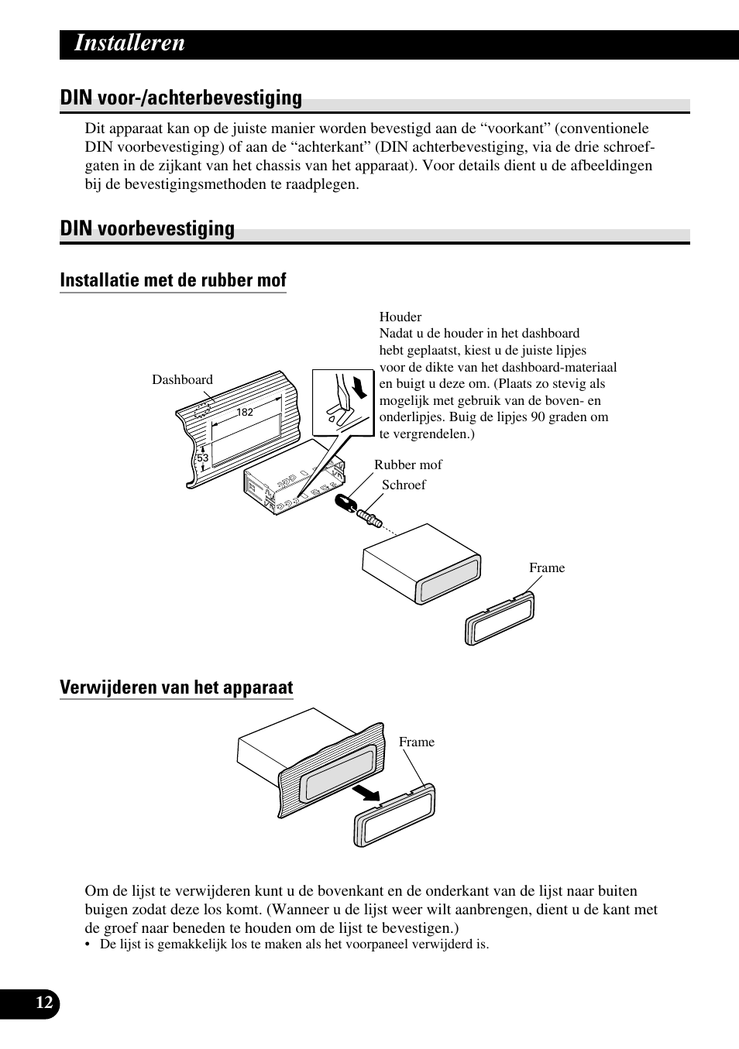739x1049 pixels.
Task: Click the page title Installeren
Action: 129,43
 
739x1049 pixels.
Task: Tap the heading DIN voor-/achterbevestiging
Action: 180,98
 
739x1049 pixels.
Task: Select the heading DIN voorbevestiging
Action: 147,229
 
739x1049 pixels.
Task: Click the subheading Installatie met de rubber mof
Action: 173,280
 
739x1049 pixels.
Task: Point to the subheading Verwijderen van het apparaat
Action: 177,688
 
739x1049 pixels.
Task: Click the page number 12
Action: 45,1003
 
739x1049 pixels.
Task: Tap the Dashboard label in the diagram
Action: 182,380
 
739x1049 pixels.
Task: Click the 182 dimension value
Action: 245,413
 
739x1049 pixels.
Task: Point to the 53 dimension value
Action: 202,458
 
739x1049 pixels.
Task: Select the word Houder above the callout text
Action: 400,317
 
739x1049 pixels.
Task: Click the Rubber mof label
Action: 408,465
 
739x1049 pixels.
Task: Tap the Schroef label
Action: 404,485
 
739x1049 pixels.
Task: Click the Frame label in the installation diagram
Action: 547,568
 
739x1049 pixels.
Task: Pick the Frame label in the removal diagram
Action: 417,742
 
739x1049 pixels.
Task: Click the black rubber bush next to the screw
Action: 345,504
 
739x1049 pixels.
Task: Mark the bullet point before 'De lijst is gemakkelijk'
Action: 89,945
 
